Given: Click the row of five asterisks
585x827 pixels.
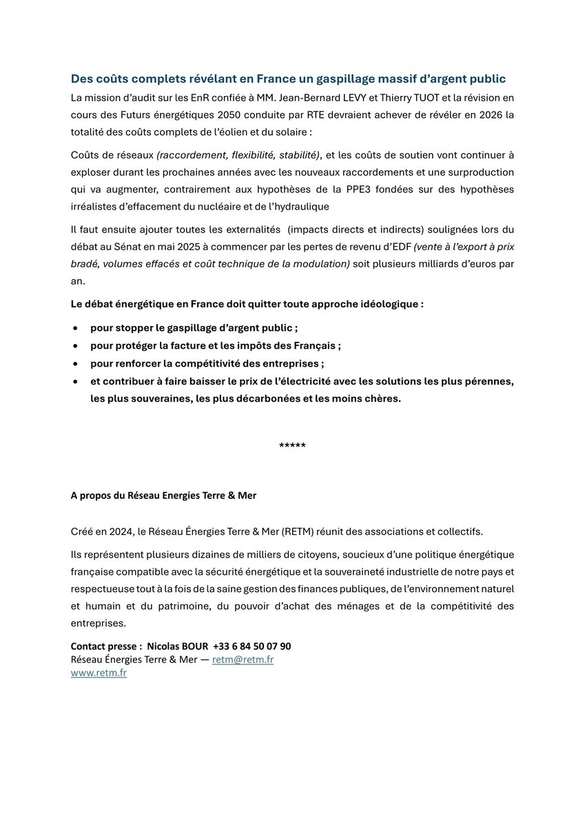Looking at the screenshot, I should (292, 446).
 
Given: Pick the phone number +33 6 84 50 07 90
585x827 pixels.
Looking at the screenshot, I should (252, 646).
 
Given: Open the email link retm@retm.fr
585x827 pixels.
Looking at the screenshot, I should (243, 660).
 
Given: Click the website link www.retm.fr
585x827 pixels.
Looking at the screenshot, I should (99, 673).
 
